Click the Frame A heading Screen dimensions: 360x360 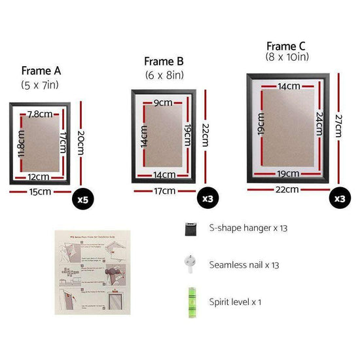[x=41, y=71]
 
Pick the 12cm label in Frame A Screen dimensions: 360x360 [x=39, y=176]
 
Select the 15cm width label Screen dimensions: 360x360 [x=39, y=192]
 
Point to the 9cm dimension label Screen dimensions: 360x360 [x=162, y=102]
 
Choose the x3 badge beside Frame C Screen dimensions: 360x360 [x=340, y=198]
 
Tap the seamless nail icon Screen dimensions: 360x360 [x=189, y=263]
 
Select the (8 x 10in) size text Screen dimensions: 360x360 [x=287, y=58]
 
